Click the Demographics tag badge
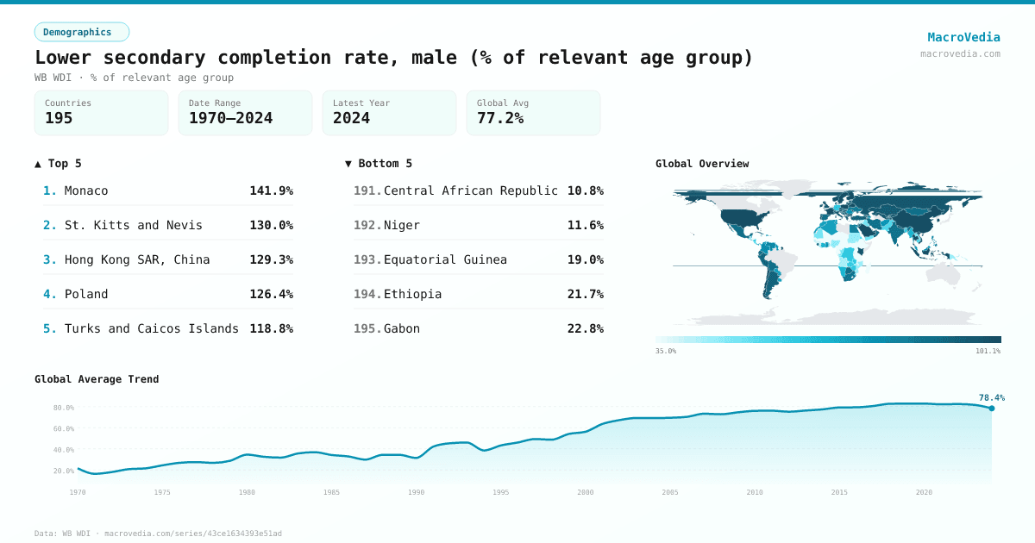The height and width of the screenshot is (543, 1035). [81, 32]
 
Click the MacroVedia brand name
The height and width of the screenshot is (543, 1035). [963, 37]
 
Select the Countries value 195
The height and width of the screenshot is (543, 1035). [59, 119]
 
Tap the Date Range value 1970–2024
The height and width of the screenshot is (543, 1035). [230, 119]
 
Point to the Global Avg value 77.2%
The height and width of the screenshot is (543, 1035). [500, 119]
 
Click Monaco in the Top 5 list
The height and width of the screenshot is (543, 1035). [86, 190]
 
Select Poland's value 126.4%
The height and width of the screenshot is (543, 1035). [271, 294]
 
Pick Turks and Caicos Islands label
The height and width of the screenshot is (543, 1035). [152, 328]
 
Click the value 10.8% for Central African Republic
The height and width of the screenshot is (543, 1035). [585, 190]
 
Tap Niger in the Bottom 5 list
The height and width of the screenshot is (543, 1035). [402, 225]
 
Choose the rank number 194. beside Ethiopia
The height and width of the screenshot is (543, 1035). [367, 294]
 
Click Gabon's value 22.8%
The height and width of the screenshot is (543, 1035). [585, 328]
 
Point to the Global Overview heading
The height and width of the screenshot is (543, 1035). [702, 164]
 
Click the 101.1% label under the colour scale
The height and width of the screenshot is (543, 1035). [988, 351]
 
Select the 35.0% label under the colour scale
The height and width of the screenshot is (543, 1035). [666, 351]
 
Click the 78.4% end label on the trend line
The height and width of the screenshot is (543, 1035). [991, 397]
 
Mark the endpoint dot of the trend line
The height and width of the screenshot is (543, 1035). [991, 409]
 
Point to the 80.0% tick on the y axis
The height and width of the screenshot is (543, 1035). [64, 408]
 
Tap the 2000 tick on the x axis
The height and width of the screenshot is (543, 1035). [586, 492]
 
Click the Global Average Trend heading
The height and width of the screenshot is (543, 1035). [97, 379]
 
